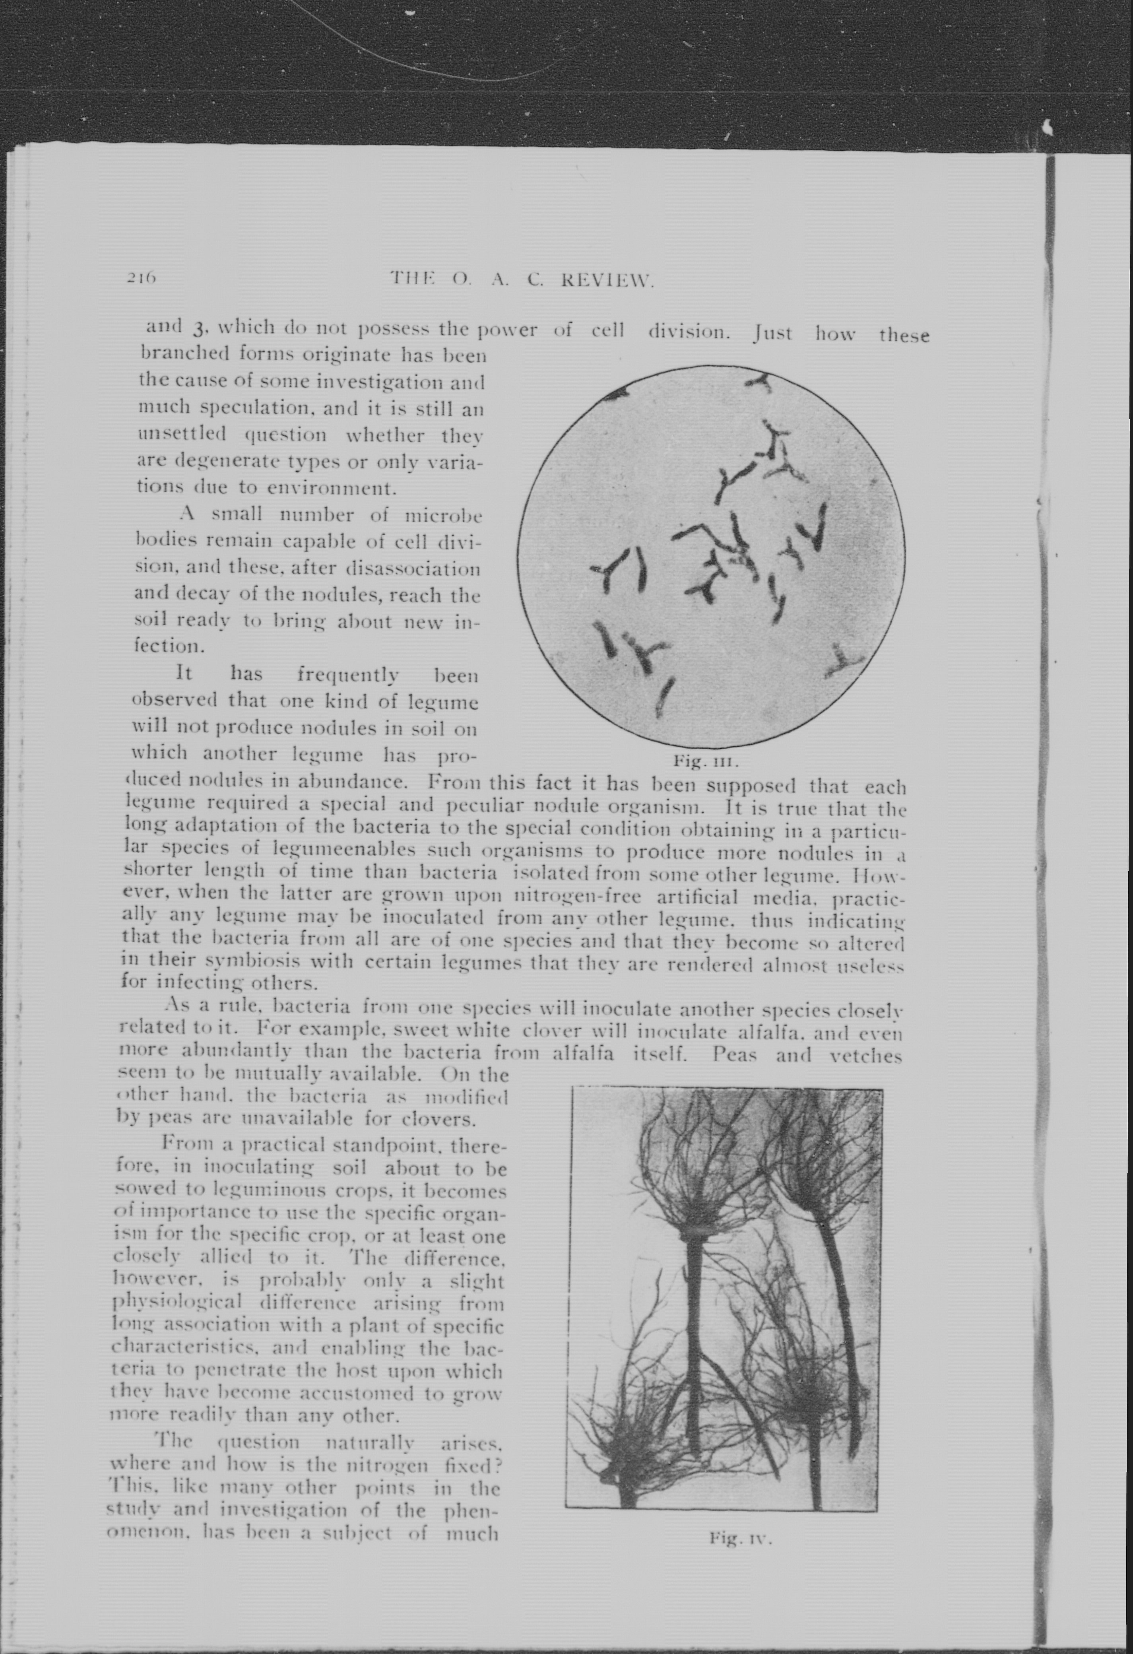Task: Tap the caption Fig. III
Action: click(x=707, y=761)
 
